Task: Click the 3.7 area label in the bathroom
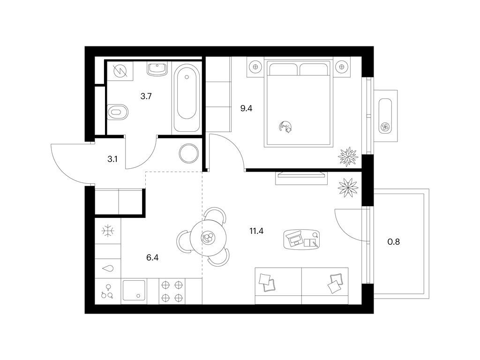(146, 97)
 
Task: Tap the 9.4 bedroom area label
(246, 108)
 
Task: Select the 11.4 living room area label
(256, 231)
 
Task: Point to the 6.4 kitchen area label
(152, 258)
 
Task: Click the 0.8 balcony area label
(394, 242)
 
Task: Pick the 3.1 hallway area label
(112, 159)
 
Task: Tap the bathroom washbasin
(157, 69)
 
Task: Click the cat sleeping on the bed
(285, 127)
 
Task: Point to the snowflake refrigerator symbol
(108, 231)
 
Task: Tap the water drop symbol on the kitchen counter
(108, 269)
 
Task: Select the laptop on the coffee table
(294, 239)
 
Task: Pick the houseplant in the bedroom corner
(348, 157)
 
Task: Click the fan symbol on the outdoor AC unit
(385, 126)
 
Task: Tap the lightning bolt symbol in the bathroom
(120, 71)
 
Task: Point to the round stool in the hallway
(189, 153)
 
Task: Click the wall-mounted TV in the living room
(301, 175)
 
